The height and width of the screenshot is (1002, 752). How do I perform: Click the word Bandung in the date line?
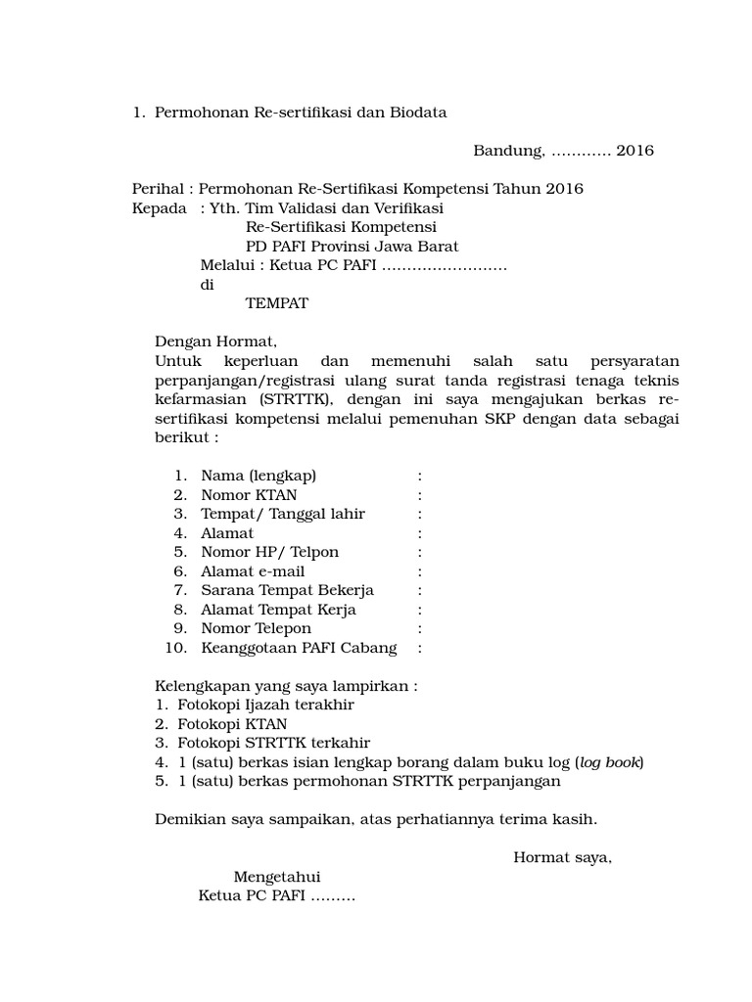[508, 151]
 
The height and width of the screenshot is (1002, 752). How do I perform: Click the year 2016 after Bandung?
[634, 151]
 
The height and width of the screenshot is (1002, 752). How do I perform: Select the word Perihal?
[158, 189]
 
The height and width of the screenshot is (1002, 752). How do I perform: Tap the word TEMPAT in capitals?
[276, 303]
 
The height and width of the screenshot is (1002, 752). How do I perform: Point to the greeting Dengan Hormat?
[215, 342]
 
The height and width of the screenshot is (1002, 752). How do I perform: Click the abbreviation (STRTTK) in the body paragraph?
[297, 399]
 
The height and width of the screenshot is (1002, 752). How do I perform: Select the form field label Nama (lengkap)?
[258, 476]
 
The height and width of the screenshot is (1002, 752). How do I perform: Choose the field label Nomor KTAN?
[249, 495]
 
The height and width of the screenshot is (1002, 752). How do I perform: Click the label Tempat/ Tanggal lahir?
[283, 514]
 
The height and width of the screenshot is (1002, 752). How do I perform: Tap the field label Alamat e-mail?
[253, 571]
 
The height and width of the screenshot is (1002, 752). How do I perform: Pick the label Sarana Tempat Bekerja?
[287, 590]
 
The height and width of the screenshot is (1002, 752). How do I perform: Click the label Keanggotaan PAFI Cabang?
[299, 648]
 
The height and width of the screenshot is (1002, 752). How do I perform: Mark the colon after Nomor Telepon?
[420, 628]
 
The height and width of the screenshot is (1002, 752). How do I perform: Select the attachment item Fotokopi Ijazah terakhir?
[265, 705]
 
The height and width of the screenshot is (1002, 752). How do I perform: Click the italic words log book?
[609, 762]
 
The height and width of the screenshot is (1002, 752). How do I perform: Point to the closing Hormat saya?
[562, 858]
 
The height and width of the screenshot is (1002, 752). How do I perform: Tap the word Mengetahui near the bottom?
[277, 877]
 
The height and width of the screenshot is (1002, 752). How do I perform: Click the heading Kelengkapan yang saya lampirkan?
[286, 686]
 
